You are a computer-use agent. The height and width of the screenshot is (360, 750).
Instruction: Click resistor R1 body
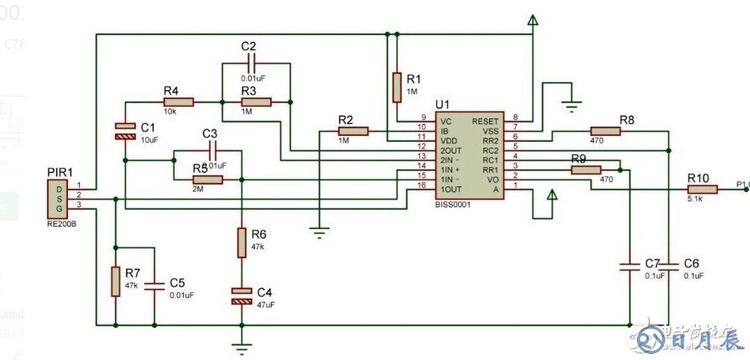tap(397, 85)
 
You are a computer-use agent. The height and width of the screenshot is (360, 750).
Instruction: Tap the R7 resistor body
tap(115, 281)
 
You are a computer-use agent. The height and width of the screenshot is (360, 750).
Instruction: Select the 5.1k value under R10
tap(696, 200)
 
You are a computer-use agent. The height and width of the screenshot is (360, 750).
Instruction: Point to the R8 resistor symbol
tap(605, 130)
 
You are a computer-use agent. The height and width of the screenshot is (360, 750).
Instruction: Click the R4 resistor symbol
tap(179, 102)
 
